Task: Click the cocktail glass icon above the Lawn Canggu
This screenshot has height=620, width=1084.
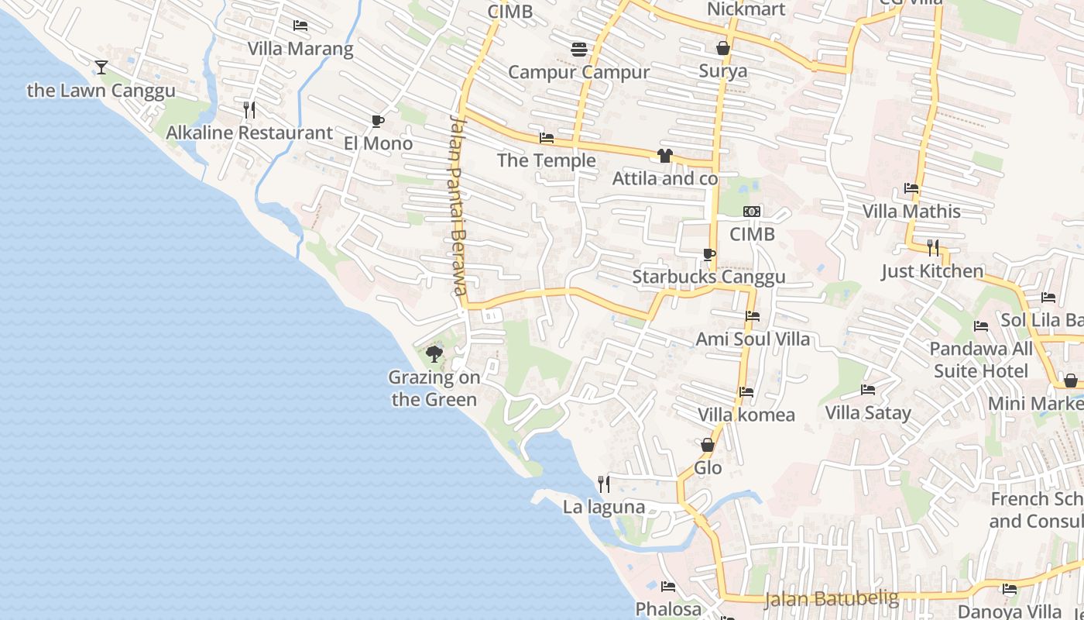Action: pyautogui.click(x=101, y=67)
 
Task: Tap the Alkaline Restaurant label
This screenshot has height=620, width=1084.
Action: pyautogui.click(x=249, y=133)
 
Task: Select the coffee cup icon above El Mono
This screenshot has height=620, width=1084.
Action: pyautogui.click(x=377, y=121)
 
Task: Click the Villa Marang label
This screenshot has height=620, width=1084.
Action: pyautogui.click(x=300, y=49)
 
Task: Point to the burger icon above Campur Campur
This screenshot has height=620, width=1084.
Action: pyautogui.click(x=578, y=50)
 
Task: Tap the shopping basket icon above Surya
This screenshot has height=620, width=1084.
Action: pyautogui.click(x=723, y=49)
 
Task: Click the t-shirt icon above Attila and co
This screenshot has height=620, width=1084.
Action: pyautogui.click(x=664, y=156)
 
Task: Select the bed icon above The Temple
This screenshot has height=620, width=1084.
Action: pyautogui.click(x=547, y=139)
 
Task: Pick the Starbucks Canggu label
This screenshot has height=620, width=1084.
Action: pyautogui.click(x=708, y=277)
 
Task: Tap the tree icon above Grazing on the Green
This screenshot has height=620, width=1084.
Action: pyautogui.click(x=434, y=355)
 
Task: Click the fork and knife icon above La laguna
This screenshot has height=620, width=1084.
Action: pyautogui.click(x=604, y=484)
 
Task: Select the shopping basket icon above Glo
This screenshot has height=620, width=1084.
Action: pyautogui.click(x=708, y=445)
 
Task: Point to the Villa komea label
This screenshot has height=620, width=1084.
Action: pyautogui.click(x=746, y=415)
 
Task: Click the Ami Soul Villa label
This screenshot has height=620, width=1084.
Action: pyautogui.click(x=753, y=339)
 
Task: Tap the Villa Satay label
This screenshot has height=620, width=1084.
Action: pyautogui.click(x=868, y=412)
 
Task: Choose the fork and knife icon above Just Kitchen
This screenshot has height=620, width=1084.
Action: pyautogui.click(x=933, y=248)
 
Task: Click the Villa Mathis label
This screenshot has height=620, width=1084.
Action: pyautogui.click(x=911, y=211)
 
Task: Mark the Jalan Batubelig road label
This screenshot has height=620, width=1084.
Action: pyautogui.click(x=832, y=598)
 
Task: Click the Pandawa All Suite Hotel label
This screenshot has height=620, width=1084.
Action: pyautogui.click(x=980, y=360)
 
